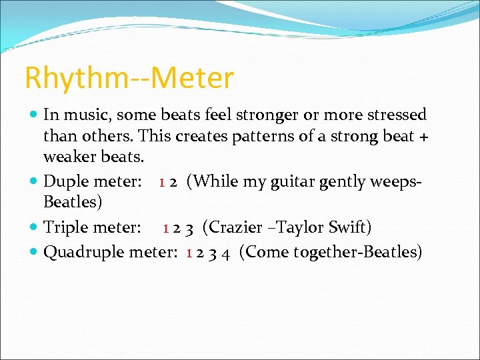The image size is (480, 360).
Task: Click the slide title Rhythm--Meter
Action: (129, 78)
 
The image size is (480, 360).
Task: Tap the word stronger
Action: (257, 115)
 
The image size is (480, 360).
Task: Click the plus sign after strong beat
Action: (421, 137)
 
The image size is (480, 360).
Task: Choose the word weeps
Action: (396, 181)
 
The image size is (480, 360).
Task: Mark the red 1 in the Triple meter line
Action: (167, 228)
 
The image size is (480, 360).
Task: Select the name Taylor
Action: (297, 227)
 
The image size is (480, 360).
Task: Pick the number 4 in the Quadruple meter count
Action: (227, 253)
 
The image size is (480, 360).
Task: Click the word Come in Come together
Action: (264, 252)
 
